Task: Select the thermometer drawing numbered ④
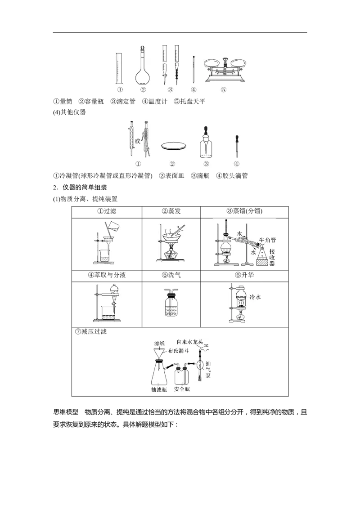[193, 69]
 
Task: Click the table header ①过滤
[107, 211]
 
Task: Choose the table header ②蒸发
[171, 211]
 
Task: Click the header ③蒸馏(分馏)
[244, 211]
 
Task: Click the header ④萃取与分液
[107, 275]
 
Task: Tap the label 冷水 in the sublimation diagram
[255, 297]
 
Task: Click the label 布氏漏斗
[179, 351]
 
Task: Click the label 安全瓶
[182, 389]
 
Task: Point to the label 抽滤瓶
[159, 389]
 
